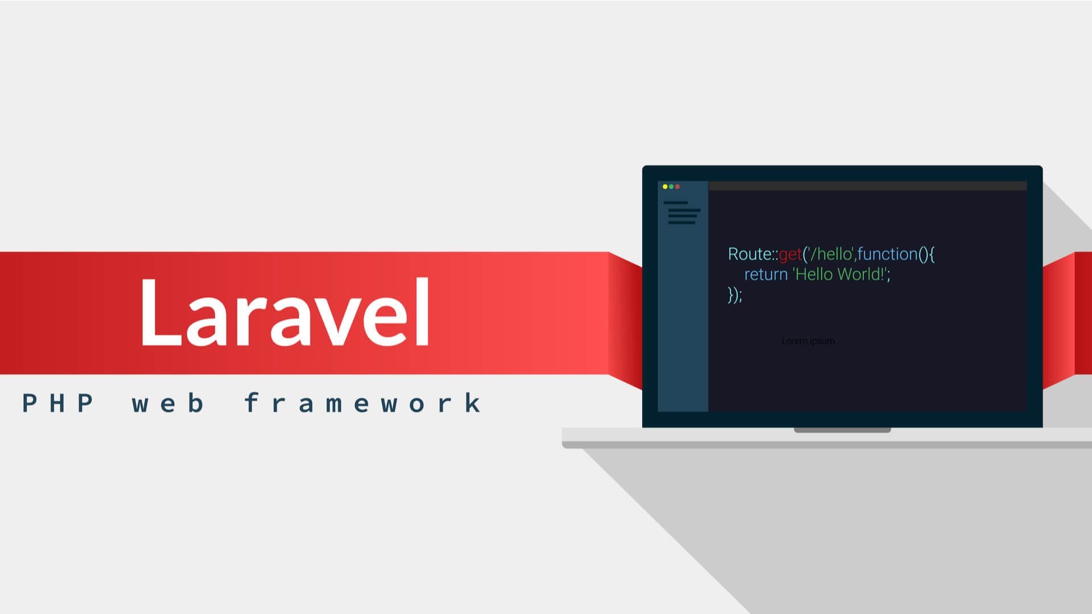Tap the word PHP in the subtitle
(x=57, y=404)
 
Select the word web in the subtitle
(x=168, y=404)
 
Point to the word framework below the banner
(x=363, y=404)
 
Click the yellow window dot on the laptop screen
(x=665, y=186)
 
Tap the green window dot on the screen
(x=671, y=186)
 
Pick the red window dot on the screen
(x=677, y=186)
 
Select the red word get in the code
(x=790, y=255)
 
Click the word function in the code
(x=887, y=254)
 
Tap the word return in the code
(x=766, y=275)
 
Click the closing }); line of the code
(x=735, y=294)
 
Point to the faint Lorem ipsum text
(x=808, y=341)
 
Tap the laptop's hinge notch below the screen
(x=842, y=430)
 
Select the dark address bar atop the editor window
(x=867, y=186)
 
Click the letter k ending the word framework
(x=472, y=403)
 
